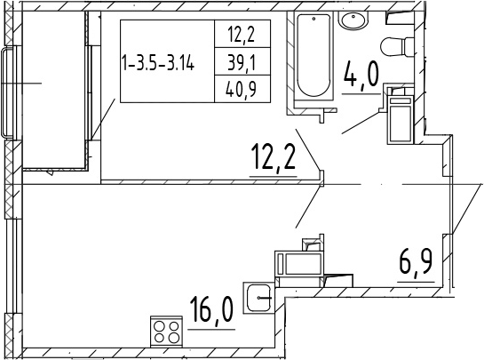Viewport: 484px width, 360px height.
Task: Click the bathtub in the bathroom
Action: (313, 55)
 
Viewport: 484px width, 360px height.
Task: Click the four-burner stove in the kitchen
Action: (166, 332)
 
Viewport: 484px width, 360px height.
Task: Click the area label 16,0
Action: (211, 310)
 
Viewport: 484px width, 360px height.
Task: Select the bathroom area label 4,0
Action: (361, 75)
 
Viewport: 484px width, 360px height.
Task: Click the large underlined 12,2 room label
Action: (274, 157)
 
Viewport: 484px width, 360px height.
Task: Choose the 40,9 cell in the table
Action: (242, 89)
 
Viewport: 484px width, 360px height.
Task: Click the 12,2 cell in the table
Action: (242, 34)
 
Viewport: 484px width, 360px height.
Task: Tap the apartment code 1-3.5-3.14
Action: (158, 63)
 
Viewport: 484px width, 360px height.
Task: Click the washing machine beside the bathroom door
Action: (401, 120)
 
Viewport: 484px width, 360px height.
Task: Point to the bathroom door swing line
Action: (361, 123)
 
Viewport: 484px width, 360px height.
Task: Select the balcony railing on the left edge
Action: (8, 92)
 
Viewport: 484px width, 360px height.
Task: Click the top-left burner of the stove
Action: (159, 326)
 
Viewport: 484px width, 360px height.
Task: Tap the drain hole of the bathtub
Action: (313, 20)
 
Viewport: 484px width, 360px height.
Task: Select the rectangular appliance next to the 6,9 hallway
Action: (299, 264)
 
